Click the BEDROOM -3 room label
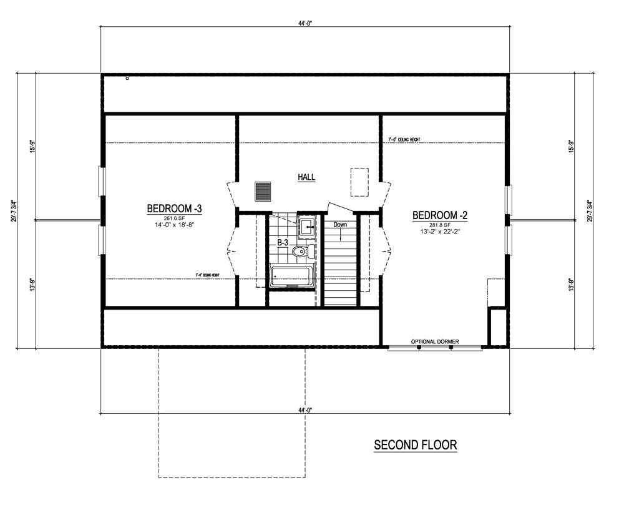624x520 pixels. click(x=174, y=208)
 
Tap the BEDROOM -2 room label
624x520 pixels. click(x=440, y=215)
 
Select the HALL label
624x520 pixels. click(x=306, y=177)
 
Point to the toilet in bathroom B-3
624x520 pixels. click(x=301, y=252)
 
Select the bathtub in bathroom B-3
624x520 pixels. click(x=291, y=275)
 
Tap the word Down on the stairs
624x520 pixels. click(x=340, y=224)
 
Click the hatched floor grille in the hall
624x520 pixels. click(x=263, y=192)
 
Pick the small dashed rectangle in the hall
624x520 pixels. click(x=358, y=182)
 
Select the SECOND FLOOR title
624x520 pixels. click(x=415, y=445)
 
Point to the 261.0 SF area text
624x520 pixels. click(x=174, y=218)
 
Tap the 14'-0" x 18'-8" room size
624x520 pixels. click(x=174, y=225)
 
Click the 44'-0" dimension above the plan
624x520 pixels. click(x=305, y=23)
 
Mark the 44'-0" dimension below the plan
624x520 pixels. click(x=305, y=410)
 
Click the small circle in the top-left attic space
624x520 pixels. click(x=127, y=79)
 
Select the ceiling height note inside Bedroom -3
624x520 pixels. click(x=207, y=275)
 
